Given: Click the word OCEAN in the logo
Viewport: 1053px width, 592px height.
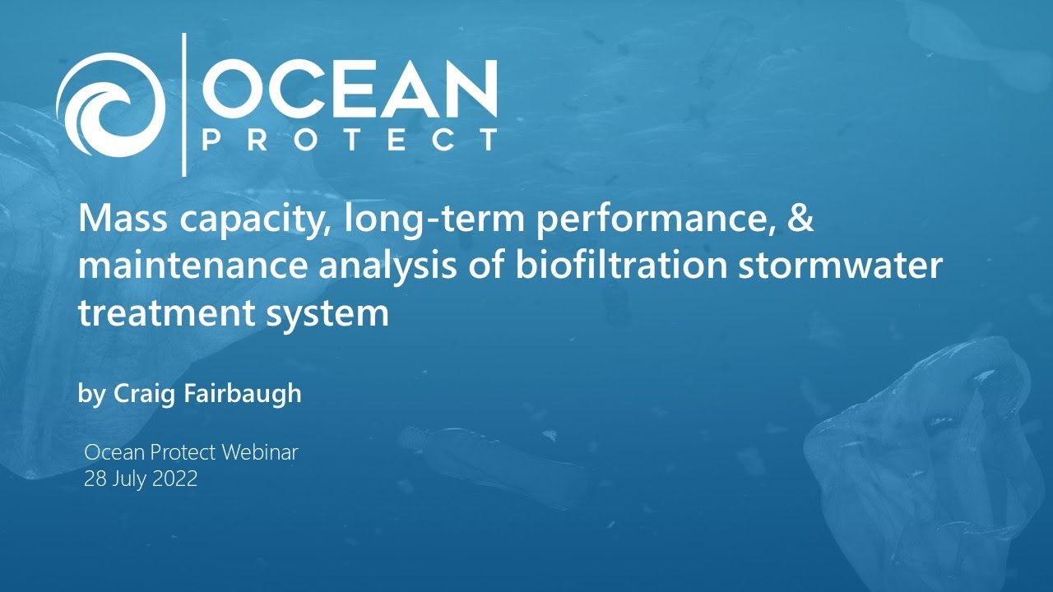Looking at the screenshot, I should click(x=350, y=88).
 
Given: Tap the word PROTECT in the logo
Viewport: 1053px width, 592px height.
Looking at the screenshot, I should click(x=350, y=140).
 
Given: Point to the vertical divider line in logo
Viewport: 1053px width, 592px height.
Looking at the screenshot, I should click(x=183, y=104).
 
